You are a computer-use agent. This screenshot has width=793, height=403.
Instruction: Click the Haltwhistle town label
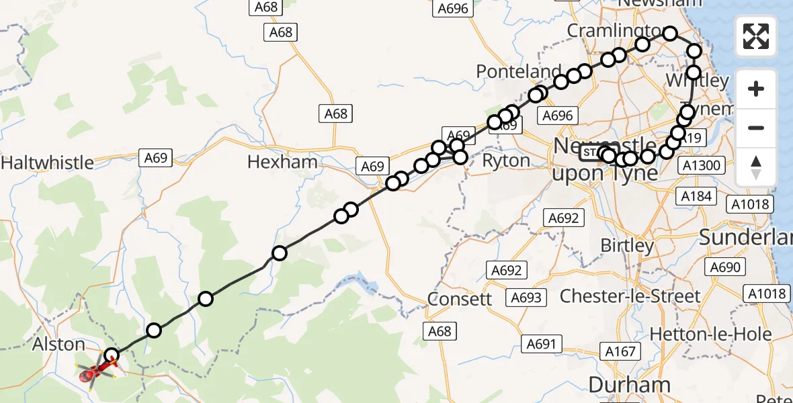(x=48, y=163)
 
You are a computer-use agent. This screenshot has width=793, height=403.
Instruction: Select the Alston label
(x=60, y=345)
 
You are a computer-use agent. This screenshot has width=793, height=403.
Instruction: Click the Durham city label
(x=630, y=385)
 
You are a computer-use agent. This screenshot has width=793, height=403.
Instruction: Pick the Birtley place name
(x=627, y=245)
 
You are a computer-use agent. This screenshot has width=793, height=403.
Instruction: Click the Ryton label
(x=507, y=161)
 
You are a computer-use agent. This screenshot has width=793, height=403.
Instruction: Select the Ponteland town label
(x=519, y=72)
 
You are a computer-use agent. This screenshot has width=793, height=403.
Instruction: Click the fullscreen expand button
(x=756, y=36)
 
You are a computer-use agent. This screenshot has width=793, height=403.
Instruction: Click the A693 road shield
(x=526, y=297)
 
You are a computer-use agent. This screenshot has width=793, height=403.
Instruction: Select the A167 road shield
(x=620, y=351)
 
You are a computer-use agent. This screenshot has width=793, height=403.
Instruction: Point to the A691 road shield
(x=541, y=345)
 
